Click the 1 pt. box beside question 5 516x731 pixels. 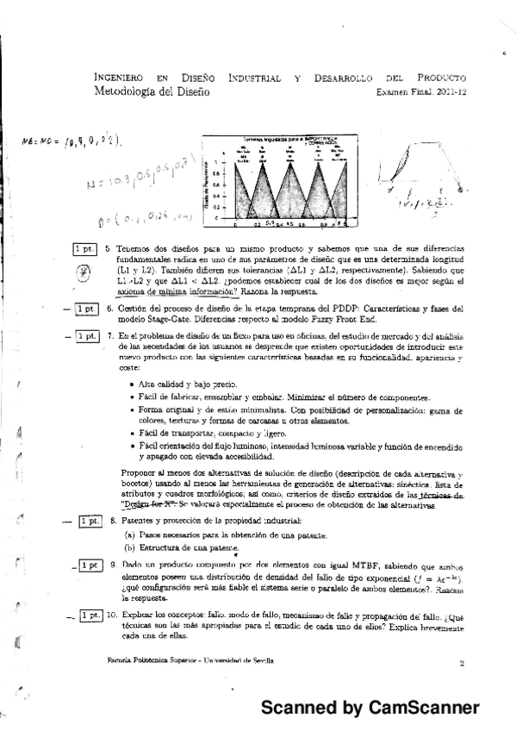84,249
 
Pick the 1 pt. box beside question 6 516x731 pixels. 85,309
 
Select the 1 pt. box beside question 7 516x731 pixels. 85,335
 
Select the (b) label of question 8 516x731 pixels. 129,548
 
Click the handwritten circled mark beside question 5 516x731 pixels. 84,269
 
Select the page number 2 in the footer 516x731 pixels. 462,663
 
